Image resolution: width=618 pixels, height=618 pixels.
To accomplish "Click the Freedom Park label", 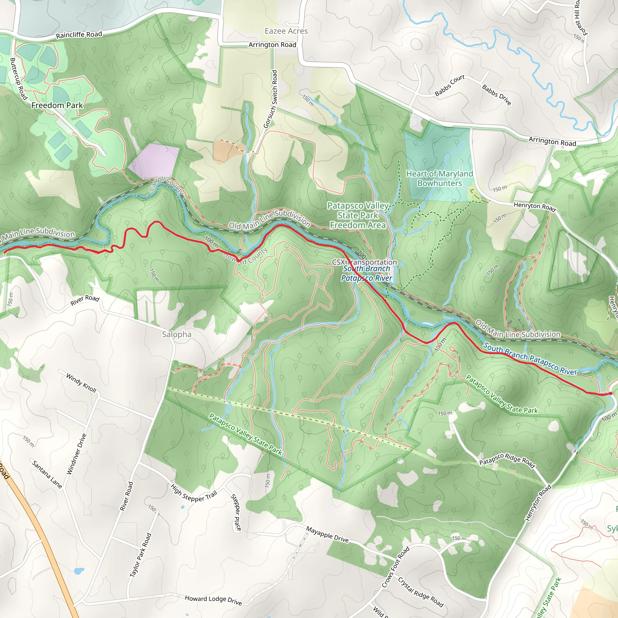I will (x=57, y=105).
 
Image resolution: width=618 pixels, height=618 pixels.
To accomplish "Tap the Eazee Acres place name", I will (x=286, y=31).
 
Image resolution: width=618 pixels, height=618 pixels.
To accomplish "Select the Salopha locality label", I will (x=177, y=334).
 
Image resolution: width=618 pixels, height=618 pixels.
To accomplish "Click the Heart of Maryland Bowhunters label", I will (x=439, y=179).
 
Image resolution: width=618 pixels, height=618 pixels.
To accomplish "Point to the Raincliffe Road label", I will (x=79, y=34).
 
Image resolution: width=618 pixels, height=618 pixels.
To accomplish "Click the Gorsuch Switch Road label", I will (x=271, y=99).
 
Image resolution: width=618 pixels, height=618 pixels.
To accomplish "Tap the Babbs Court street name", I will (x=449, y=85).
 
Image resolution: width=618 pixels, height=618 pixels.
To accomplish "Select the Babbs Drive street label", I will (x=496, y=95).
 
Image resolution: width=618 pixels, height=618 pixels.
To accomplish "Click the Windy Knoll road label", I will (x=81, y=383).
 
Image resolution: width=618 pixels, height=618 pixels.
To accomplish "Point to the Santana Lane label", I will (x=47, y=474).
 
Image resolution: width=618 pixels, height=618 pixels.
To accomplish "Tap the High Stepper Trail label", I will (x=194, y=493).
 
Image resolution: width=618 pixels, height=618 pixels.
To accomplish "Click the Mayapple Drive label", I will (x=327, y=534).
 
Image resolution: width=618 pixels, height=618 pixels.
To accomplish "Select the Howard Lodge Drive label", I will (x=213, y=600).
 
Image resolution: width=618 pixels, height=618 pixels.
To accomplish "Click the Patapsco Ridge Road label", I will (x=507, y=460).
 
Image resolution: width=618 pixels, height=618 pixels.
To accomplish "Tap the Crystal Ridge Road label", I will (x=421, y=592).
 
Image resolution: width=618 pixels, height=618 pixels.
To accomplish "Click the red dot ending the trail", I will (x=610, y=393).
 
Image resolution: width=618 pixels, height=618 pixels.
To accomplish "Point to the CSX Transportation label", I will (x=364, y=262).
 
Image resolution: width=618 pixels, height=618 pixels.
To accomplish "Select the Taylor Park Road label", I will (x=140, y=555).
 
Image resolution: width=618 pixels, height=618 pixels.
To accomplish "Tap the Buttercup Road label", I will (x=18, y=78).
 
